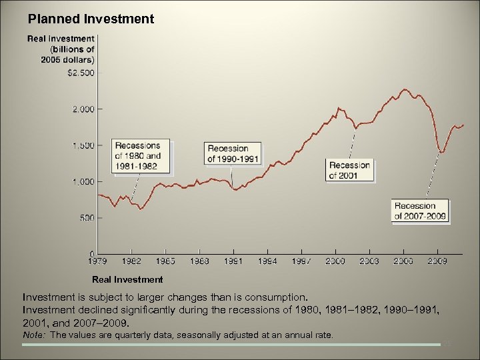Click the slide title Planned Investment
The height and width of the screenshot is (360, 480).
(x=91, y=19)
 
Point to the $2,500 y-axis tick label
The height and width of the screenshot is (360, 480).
(x=81, y=72)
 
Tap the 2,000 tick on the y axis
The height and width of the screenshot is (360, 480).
(x=83, y=109)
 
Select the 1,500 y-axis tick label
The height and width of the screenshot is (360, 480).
(x=83, y=145)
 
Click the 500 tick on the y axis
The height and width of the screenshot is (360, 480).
(x=86, y=218)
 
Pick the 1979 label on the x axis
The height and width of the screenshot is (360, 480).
(x=98, y=261)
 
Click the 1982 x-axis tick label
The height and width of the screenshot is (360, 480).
(x=132, y=261)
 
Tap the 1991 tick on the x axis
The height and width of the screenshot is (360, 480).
(x=233, y=261)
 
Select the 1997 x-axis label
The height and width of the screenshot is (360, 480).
(x=301, y=261)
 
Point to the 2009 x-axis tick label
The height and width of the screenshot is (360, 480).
(x=437, y=261)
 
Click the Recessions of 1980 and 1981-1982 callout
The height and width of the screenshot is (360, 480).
(x=141, y=156)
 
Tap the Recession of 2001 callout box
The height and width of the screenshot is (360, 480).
(x=349, y=170)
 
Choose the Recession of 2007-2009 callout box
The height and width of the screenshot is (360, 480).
(x=420, y=211)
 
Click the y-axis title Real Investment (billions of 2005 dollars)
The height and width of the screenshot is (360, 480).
(x=61, y=49)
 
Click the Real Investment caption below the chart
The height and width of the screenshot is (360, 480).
(x=127, y=279)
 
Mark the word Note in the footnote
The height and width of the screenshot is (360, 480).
(x=35, y=335)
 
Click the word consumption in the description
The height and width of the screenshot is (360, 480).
(x=281, y=296)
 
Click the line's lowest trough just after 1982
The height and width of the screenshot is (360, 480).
(x=141, y=209)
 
